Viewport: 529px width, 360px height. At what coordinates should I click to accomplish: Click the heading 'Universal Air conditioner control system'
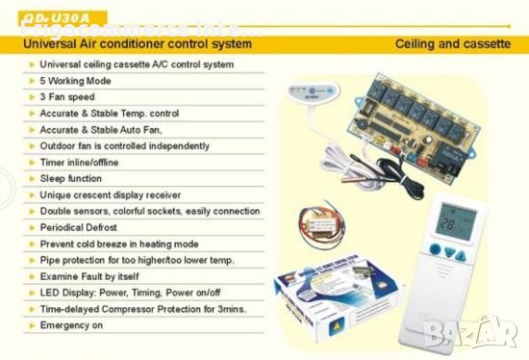tap(139, 44)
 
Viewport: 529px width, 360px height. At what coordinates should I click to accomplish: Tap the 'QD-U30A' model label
tap(49, 14)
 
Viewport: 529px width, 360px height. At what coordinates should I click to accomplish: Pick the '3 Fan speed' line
tap(68, 97)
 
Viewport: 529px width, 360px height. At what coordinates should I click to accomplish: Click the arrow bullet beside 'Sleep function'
tap(34, 178)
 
